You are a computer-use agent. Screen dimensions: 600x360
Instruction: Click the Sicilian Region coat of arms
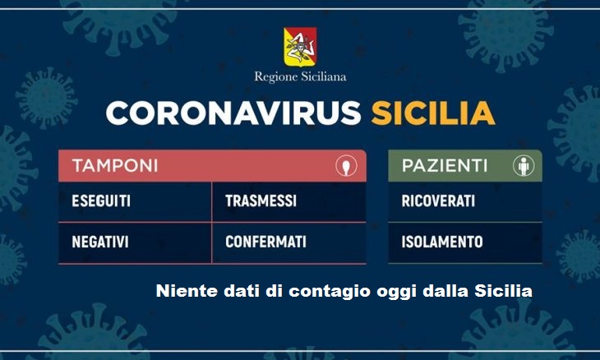click(x=300, y=46)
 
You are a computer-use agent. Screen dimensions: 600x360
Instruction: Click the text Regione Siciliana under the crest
click(x=300, y=77)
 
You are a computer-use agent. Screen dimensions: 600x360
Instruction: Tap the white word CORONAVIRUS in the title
click(x=233, y=113)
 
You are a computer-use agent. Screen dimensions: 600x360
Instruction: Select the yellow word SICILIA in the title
click(x=433, y=113)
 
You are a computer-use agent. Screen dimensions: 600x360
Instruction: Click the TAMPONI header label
click(x=115, y=166)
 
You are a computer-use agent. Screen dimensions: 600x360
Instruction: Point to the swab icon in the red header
click(x=346, y=166)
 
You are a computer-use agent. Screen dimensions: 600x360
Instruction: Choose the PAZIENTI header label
click(x=445, y=166)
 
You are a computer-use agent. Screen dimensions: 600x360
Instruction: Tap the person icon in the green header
click(x=524, y=166)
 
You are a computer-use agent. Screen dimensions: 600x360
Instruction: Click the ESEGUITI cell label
click(x=101, y=201)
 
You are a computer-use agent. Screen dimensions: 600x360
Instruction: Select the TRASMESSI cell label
click(x=261, y=201)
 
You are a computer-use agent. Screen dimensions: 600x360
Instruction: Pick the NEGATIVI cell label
click(x=100, y=242)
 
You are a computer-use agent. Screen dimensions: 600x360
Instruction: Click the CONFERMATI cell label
click(x=266, y=242)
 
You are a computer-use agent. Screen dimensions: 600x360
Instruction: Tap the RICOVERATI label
click(x=438, y=201)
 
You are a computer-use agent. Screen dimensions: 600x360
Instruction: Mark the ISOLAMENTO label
click(x=442, y=242)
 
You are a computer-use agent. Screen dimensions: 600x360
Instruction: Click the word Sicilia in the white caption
click(x=504, y=291)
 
